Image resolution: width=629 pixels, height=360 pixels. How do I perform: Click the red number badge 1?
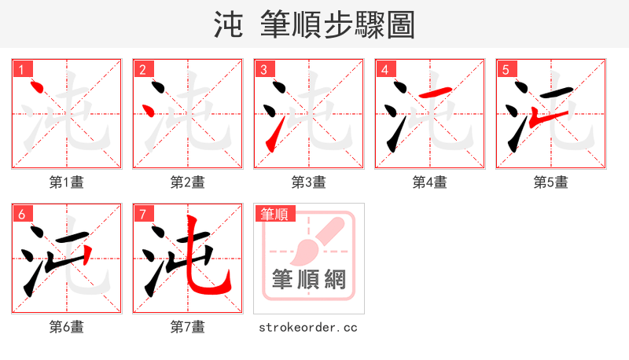21,70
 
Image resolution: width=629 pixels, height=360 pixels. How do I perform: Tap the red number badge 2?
142,70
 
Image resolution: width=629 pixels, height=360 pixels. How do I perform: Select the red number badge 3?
263,70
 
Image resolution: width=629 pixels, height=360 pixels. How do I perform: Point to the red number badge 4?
384,70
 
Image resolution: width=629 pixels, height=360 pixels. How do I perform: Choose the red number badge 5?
506,70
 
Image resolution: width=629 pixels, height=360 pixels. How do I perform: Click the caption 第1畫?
67,182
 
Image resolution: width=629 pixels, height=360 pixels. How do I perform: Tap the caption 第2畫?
188,182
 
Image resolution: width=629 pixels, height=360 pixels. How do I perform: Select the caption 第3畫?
309,182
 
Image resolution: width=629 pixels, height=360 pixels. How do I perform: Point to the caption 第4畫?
430,182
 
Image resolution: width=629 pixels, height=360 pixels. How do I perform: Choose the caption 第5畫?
551,182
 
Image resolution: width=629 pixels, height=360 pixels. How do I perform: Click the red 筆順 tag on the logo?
274,214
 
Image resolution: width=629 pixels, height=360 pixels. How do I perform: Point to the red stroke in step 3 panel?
271,139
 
